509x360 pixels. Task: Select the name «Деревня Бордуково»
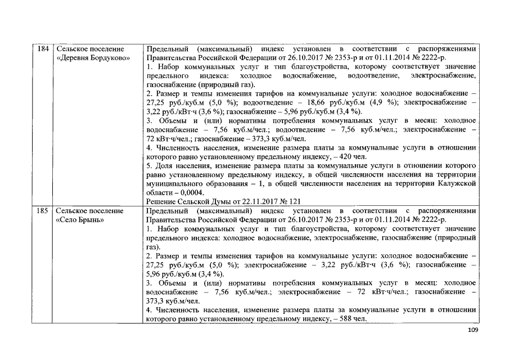(93, 58)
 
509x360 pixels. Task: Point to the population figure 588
(339, 319)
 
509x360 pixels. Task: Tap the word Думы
(210, 201)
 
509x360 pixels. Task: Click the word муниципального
(175, 183)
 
